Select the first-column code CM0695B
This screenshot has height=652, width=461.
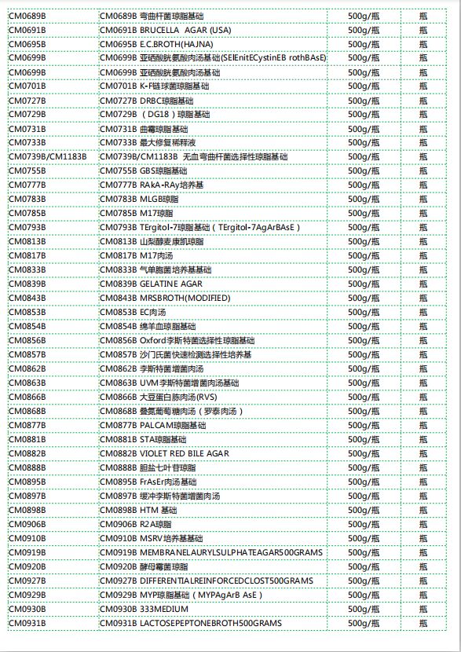(27, 44)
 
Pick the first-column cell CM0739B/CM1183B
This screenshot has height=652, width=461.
(48, 157)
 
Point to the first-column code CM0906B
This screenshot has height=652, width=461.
(27, 524)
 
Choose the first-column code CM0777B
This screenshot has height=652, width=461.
(27, 185)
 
